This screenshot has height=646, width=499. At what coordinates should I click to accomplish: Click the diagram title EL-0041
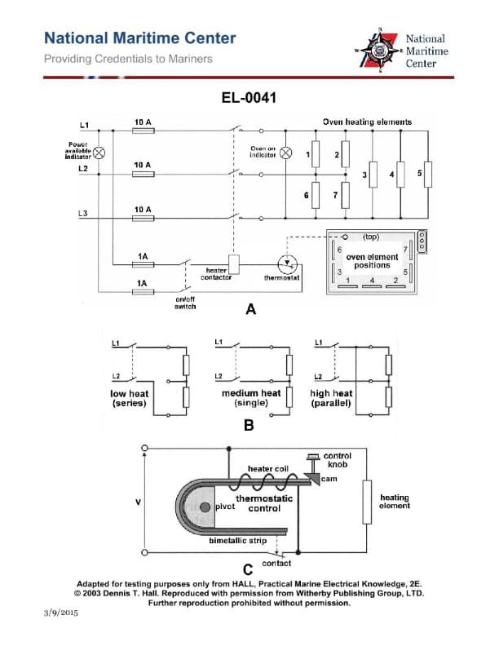coord(249,98)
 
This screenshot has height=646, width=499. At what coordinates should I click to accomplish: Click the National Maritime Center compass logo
coord(379,51)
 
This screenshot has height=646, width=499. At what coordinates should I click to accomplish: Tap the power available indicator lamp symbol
coord(100,153)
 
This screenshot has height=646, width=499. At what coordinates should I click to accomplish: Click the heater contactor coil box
coord(232,263)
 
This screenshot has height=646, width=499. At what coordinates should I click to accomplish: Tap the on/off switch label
coord(186,303)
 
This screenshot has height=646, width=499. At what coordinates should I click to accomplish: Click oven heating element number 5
coord(427,174)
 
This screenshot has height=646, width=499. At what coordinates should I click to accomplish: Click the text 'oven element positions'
coord(373,261)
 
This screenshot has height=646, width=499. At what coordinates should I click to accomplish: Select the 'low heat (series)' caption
coord(128,398)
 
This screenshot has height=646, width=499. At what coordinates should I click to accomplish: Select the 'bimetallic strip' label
coord(237,541)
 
